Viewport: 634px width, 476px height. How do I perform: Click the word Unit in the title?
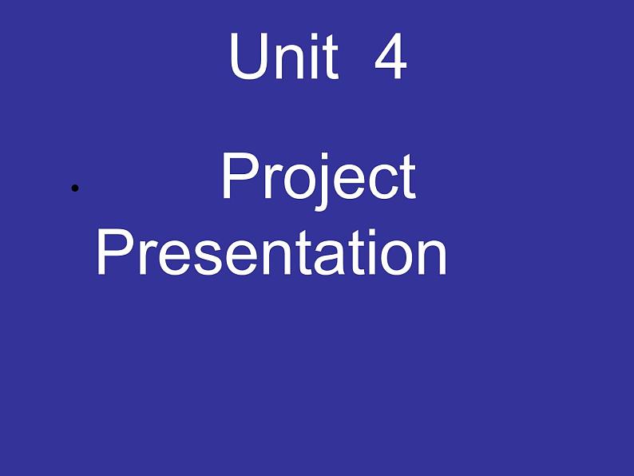(x=283, y=58)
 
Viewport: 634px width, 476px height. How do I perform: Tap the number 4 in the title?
(x=390, y=58)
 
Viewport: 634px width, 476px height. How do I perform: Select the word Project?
(x=318, y=177)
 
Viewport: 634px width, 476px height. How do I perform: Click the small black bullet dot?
(x=74, y=188)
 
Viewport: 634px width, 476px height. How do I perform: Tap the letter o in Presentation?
(x=394, y=259)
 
